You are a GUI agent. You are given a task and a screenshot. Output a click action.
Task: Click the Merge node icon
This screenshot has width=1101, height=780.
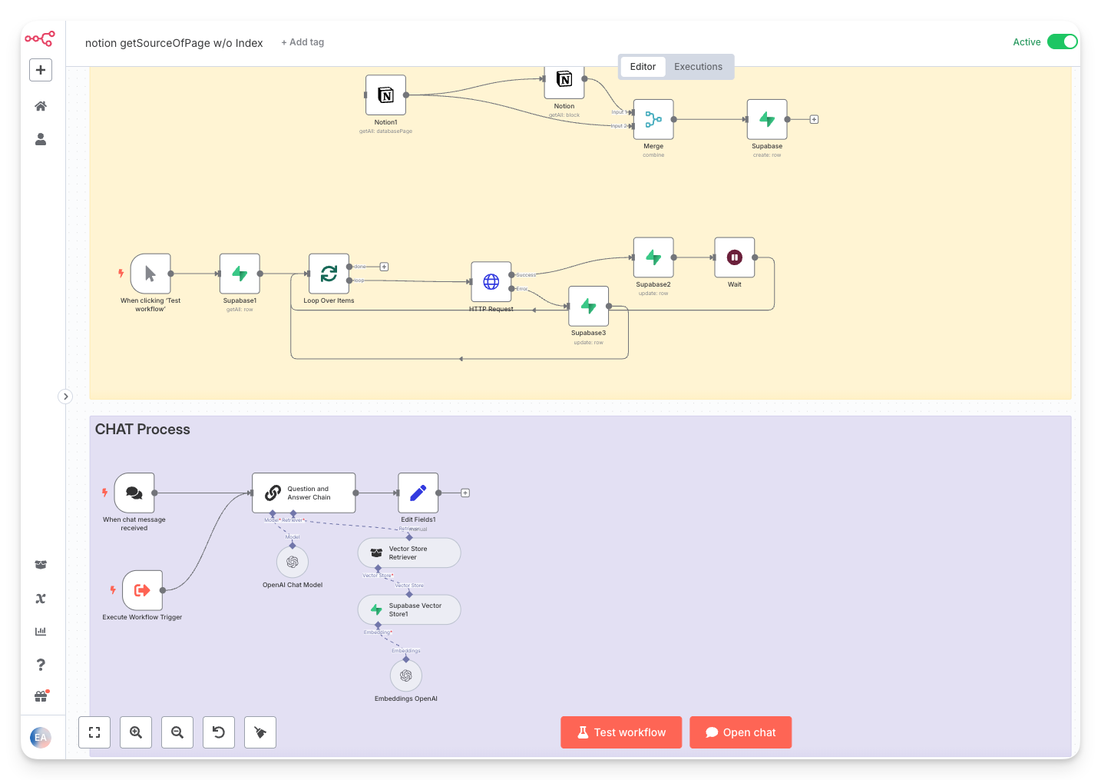click(x=653, y=119)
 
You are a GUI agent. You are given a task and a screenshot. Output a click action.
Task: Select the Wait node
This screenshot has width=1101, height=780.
click(x=735, y=257)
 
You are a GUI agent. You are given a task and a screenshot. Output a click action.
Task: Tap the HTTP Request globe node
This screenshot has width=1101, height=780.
click(x=491, y=282)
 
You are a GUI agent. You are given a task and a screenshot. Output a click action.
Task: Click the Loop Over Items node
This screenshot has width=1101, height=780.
click(x=329, y=274)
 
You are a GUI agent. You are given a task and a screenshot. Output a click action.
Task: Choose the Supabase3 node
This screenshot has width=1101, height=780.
click(x=589, y=306)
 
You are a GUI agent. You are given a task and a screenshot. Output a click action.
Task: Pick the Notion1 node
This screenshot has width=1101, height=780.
click(x=385, y=95)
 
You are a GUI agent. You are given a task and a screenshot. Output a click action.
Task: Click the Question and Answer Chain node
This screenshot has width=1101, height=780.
click(x=304, y=493)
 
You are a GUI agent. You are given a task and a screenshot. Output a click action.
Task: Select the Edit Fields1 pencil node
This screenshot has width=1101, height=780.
click(x=418, y=493)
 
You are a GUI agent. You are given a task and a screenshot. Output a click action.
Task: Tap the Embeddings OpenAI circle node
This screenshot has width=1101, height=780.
click(x=406, y=675)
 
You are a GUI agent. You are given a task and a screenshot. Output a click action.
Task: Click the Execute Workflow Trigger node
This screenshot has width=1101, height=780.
click(x=143, y=590)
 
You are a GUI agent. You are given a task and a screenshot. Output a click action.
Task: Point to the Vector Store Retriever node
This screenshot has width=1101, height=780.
click(x=409, y=553)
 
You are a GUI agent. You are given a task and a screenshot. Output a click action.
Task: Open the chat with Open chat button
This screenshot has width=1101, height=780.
click(x=741, y=732)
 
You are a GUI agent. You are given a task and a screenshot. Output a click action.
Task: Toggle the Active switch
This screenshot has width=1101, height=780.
click(x=1063, y=41)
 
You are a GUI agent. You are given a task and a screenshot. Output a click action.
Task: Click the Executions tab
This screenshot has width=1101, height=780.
click(x=698, y=67)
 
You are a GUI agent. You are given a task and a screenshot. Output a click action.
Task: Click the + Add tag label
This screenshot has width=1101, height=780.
click(x=303, y=42)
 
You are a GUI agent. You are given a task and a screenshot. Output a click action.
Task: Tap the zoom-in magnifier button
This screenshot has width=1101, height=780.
click(x=136, y=732)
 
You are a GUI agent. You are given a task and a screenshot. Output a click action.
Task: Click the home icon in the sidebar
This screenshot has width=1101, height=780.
click(x=41, y=106)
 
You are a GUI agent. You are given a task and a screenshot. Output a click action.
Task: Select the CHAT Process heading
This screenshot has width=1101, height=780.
click(x=143, y=430)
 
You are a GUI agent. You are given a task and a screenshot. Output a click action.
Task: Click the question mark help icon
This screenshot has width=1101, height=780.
click(x=41, y=665)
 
